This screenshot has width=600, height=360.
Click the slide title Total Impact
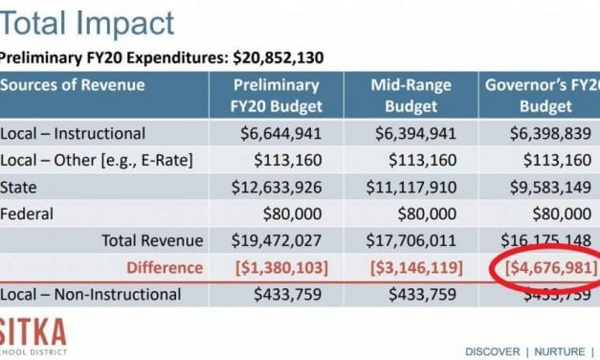(87, 24)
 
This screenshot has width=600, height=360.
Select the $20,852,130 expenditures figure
(278, 57)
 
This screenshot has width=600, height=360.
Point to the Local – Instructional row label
(73, 132)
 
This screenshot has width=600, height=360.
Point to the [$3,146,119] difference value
(417, 268)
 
